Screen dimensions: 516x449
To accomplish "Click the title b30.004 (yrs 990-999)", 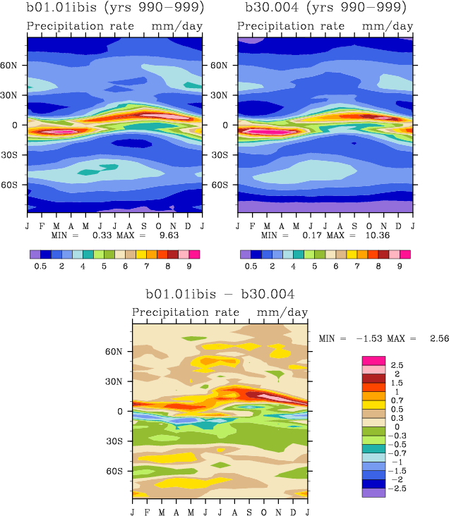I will click(x=325, y=9).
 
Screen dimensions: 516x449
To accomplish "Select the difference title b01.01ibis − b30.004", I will click(x=220, y=294).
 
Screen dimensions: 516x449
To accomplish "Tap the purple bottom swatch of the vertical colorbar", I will click(x=373, y=493).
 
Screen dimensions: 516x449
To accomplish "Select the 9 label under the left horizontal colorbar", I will click(x=188, y=266).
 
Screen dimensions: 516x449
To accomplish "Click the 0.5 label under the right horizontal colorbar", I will click(x=250, y=266).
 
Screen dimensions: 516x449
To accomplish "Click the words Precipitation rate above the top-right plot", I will click(x=291, y=26).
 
